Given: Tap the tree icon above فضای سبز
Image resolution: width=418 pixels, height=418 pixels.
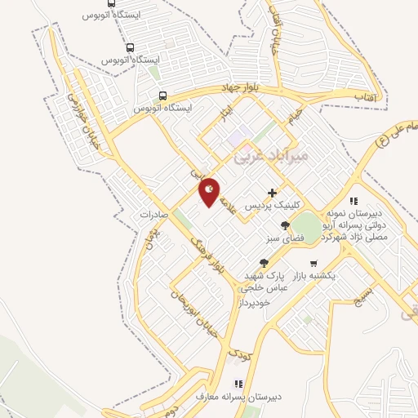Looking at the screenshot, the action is pos(285,225).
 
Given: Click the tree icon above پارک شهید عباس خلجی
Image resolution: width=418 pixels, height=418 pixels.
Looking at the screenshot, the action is pos(264,262).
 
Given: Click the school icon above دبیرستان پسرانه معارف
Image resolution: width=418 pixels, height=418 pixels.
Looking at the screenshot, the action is pos(238,383).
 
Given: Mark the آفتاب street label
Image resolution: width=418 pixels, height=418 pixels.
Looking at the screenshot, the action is pos(364,96).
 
